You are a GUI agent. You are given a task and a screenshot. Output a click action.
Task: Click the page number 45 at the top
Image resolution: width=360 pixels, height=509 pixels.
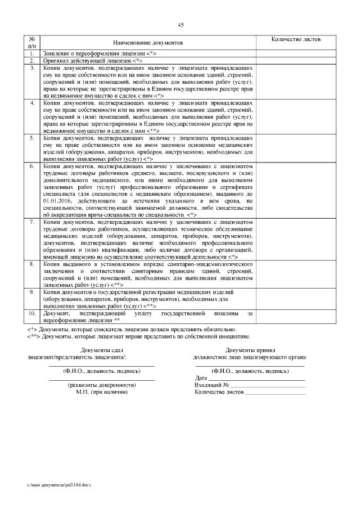click(x=181, y=25)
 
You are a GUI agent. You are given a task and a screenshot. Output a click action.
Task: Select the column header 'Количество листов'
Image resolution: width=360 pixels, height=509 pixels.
click(x=296, y=39)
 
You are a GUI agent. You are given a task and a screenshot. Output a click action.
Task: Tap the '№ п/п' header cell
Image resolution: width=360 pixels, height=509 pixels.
click(x=33, y=43)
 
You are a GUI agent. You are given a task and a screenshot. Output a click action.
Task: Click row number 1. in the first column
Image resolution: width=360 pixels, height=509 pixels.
click(x=33, y=53)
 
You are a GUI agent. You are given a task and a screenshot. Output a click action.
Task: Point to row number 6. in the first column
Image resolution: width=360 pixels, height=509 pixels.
click(x=33, y=168)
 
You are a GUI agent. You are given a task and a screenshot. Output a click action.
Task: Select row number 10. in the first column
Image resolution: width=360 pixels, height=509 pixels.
click(x=33, y=312)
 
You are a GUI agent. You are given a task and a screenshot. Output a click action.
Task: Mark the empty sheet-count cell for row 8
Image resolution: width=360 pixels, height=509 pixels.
click(x=296, y=274)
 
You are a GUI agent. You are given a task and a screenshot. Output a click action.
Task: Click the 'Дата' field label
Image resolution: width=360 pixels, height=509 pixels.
click(x=201, y=378)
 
